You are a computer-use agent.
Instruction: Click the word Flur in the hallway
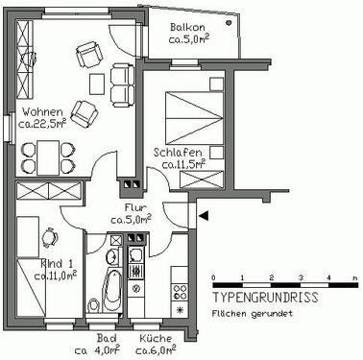(134, 206)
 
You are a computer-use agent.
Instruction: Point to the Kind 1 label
(58, 262)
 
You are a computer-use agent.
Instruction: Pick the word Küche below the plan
(156, 338)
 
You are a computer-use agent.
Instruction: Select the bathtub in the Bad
(109, 290)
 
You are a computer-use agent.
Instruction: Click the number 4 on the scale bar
(329, 278)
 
